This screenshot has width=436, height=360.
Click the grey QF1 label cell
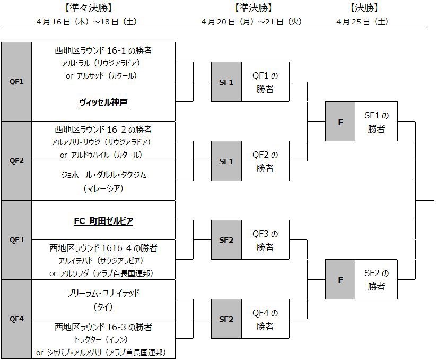16,82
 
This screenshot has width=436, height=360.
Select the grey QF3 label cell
16,239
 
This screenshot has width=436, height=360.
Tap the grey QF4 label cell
16,319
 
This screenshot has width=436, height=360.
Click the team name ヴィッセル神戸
103,102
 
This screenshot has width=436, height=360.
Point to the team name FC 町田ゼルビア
103,220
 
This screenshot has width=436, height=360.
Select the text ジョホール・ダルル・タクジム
103,175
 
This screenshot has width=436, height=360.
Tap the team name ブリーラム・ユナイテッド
103,293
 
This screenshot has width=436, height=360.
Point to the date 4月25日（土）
362,22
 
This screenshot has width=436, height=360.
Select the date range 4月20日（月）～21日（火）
252,22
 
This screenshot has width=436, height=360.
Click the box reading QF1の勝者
265,82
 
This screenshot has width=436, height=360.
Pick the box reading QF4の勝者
265,319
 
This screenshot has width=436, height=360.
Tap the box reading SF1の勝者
376,121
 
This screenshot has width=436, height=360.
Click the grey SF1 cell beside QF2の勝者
226,161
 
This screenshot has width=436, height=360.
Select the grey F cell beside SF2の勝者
340,279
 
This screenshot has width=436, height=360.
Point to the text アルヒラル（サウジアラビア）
103,63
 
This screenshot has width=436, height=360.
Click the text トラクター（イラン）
103,340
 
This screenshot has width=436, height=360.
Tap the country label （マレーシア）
103,188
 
